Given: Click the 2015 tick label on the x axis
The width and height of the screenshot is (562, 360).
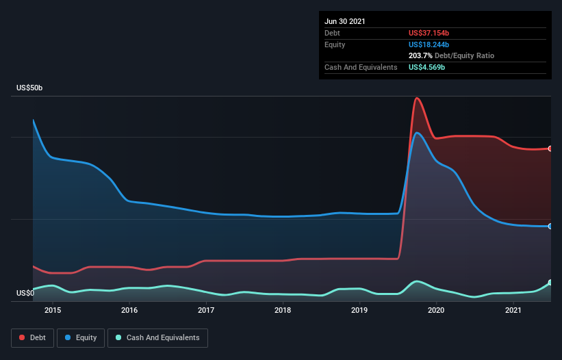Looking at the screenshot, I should [53, 311].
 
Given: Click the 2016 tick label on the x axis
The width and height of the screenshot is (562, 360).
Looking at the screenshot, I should [129, 311].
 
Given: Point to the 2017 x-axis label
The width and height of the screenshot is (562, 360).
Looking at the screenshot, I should [206, 311].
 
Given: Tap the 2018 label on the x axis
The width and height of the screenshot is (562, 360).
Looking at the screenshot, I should [283, 311].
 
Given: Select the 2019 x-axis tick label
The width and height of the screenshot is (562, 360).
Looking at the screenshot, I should [360, 311].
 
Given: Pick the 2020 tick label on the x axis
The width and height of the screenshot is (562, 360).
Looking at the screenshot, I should [437, 311].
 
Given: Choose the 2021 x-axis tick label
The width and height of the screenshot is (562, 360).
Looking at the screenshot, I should [513, 311].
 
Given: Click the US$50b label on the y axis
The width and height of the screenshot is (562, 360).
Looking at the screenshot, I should [30, 88].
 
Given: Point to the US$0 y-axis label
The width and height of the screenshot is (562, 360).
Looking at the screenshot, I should [25, 294].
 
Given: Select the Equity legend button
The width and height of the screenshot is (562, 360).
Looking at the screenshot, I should [81, 337].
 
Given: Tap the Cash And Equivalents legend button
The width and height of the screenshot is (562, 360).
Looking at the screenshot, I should [157, 337].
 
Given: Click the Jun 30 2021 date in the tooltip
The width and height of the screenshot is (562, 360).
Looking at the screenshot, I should [345, 21].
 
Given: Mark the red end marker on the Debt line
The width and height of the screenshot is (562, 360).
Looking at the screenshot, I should [550, 149].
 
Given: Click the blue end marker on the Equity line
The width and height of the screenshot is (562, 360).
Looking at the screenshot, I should [550, 226].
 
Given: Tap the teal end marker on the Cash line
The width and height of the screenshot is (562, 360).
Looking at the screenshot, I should [550, 283].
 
